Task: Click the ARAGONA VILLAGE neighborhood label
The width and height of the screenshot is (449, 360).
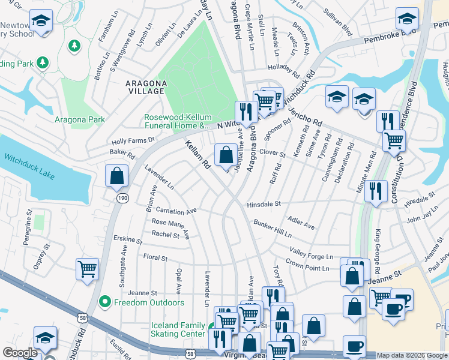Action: [x=145, y=86]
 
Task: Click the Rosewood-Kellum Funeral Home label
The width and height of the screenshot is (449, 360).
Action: [x=178, y=121]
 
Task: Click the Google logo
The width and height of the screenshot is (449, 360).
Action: [x=20, y=353]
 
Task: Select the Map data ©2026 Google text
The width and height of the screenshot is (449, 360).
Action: [x=412, y=355]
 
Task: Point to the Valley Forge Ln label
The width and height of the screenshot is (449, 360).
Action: [x=311, y=253]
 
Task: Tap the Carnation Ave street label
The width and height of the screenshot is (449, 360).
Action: [x=176, y=211]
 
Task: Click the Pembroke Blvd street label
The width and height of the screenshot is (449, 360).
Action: [x=390, y=35]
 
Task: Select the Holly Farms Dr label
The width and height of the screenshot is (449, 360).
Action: [x=133, y=141]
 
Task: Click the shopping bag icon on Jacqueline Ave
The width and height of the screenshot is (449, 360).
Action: [x=225, y=155]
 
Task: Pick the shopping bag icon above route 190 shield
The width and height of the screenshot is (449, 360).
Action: [x=116, y=176]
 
